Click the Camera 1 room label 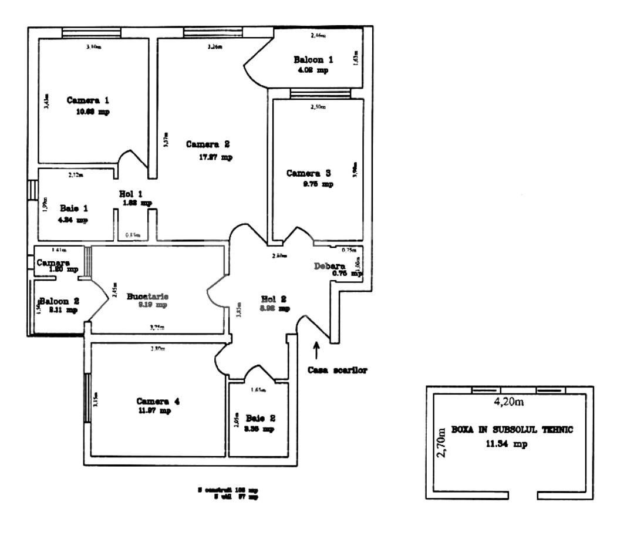point(87,100)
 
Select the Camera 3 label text point(309,173)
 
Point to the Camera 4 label point(158,401)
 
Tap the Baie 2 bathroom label point(260,419)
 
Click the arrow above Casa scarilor point(317,351)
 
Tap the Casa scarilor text point(338,370)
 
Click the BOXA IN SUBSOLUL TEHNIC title point(511,430)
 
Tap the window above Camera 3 point(320,93)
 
